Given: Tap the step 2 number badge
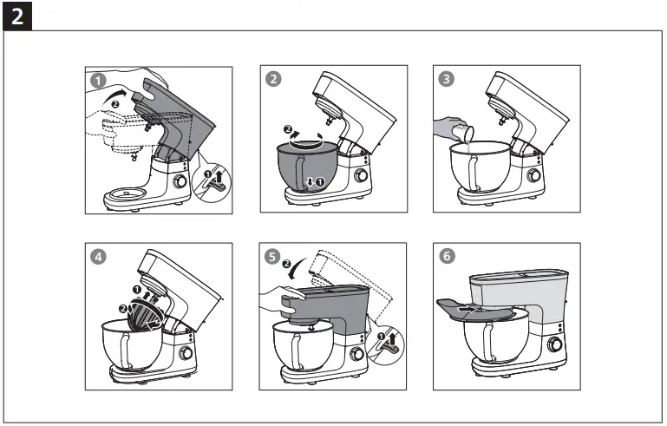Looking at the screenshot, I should [x=273, y=79].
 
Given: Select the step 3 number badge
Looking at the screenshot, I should [x=446, y=79].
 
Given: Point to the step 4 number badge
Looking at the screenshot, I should [x=98, y=256].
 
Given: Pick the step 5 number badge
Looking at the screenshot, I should [x=273, y=256].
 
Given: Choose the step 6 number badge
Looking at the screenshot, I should [x=446, y=256].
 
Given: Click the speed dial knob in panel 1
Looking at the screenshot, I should [x=180, y=182].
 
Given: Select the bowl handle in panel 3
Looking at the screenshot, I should [x=476, y=176].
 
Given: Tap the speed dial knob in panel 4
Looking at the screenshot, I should [x=186, y=355].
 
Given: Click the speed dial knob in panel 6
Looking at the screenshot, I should [x=552, y=344].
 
